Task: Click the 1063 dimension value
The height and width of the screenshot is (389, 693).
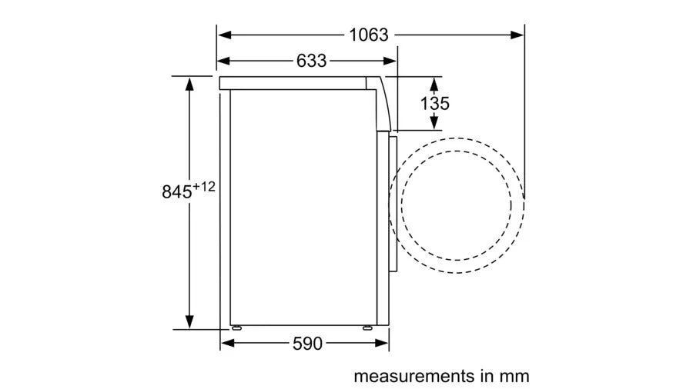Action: pos(369,35)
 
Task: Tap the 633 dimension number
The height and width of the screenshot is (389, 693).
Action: pos(312,61)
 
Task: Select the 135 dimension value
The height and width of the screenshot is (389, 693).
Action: pos(435,104)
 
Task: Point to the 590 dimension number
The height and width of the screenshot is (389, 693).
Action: pos(307,344)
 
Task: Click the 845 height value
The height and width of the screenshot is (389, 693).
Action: pos(177,192)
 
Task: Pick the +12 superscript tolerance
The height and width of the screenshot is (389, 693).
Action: pos(204,187)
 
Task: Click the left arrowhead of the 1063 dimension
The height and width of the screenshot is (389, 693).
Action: pos(225,35)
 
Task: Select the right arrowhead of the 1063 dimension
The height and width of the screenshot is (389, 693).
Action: pos(517,35)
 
